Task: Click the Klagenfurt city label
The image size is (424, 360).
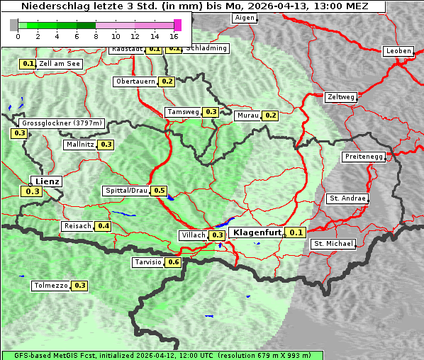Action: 256,232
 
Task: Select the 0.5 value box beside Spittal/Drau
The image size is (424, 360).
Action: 160,191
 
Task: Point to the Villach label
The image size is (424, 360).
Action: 194,235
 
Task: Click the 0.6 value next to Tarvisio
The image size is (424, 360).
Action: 174,262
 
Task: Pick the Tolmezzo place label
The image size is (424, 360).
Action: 50,286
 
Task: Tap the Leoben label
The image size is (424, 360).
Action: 398,51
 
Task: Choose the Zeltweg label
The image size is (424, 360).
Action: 341,96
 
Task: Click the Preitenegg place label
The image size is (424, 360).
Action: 364,157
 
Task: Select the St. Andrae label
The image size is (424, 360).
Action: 347,198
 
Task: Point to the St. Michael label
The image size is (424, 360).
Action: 333,244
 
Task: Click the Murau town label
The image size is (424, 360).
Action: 247,115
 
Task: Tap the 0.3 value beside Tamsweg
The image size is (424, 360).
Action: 211,112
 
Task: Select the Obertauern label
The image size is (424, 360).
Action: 135,81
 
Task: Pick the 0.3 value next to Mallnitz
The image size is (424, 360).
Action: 106,145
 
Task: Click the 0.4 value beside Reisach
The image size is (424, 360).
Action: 104,226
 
